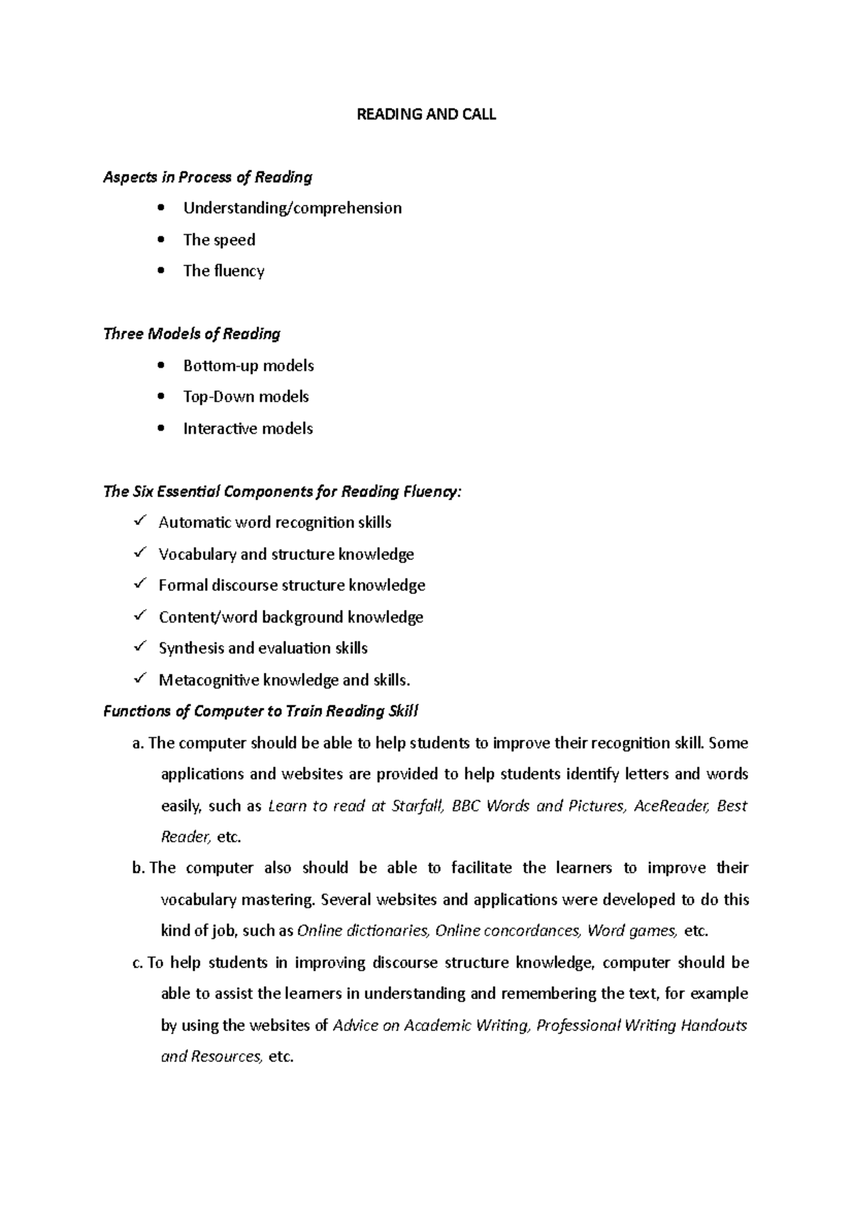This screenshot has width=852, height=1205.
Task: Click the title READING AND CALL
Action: tap(425, 114)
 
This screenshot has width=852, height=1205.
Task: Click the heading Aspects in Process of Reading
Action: tap(207, 177)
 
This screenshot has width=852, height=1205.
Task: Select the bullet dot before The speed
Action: tap(163, 239)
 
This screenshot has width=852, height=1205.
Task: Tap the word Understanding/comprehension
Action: tap(292, 208)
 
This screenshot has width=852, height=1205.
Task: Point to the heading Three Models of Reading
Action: tap(192, 334)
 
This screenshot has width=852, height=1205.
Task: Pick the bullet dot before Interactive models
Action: tap(163, 428)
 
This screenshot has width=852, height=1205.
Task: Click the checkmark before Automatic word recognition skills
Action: tap(139, 522)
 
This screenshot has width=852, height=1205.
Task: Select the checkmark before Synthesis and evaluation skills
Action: tap(139, 647)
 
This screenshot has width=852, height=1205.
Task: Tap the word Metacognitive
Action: tap(209, 680)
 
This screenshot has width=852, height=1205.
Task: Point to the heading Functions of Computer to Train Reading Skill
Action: tap(261, 711)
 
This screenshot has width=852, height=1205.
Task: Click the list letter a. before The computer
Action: tap(138, 743)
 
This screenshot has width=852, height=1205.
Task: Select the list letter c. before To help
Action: tap(138, 963)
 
